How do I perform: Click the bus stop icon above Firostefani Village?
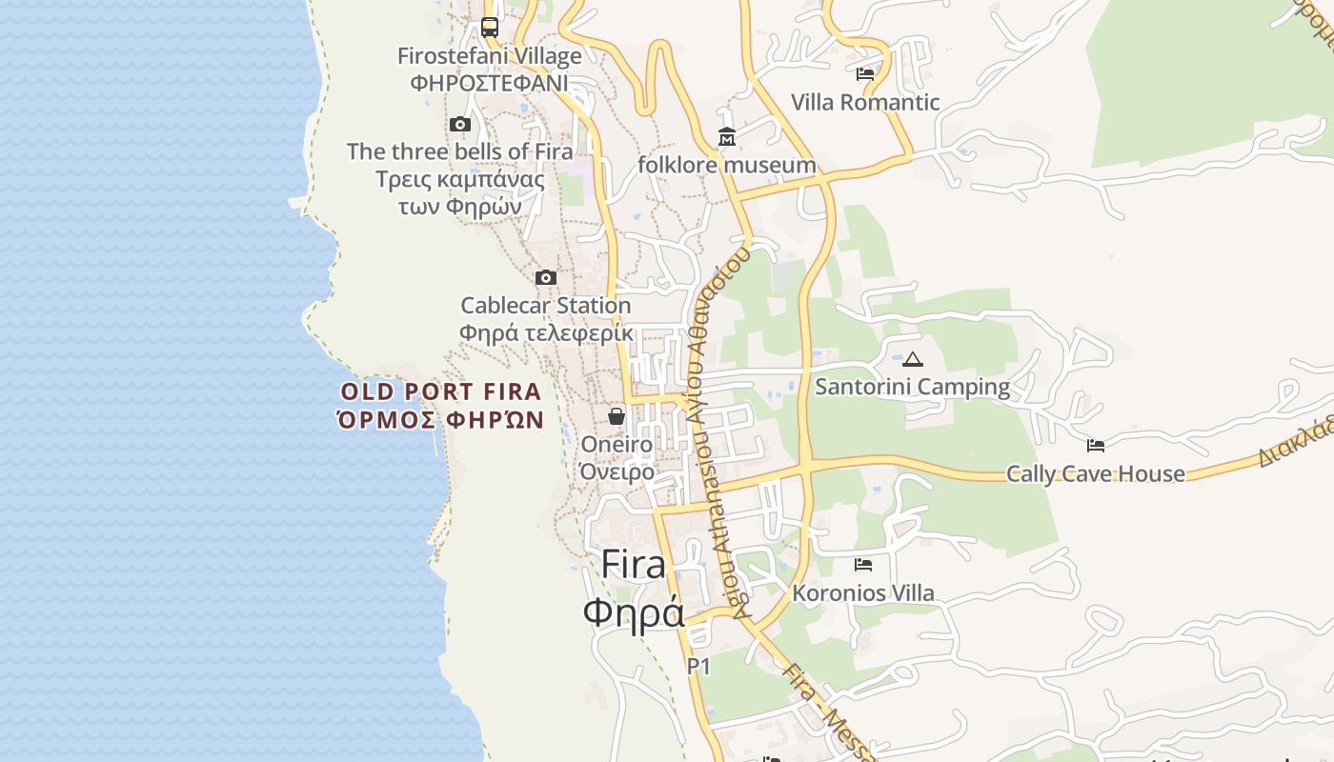pyautogui.click(x=489, y=27)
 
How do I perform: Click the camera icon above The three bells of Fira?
pyautogui.click(x=460, y=124)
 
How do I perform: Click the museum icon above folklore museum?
pyautogui.click(x=727, y=137)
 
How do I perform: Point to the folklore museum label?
pyautogui.click(x=727, y=165)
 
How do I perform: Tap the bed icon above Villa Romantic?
pyautogui.click(x=865, y=74)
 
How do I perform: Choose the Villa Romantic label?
pyautogui.click(x=865, y=102)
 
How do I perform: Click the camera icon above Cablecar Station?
pyautogui.click(x=546, y=277)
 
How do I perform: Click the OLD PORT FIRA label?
pyautogui.click(x=441, y=391)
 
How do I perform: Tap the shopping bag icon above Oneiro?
pyautogui.click(x=616, y=416)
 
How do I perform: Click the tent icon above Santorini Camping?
pyautogui.click(x=913, y=359)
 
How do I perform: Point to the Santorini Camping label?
pyautogui.click(x=913, y=387)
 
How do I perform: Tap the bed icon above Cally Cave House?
pyautogui.click(x=1096, y=445)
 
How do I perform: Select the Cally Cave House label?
pyautogui.click(x=1096, y=473)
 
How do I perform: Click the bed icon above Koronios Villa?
pyautogui.click(x=863, y=564)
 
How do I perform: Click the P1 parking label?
pyautogui.click(x=698, y=667)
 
